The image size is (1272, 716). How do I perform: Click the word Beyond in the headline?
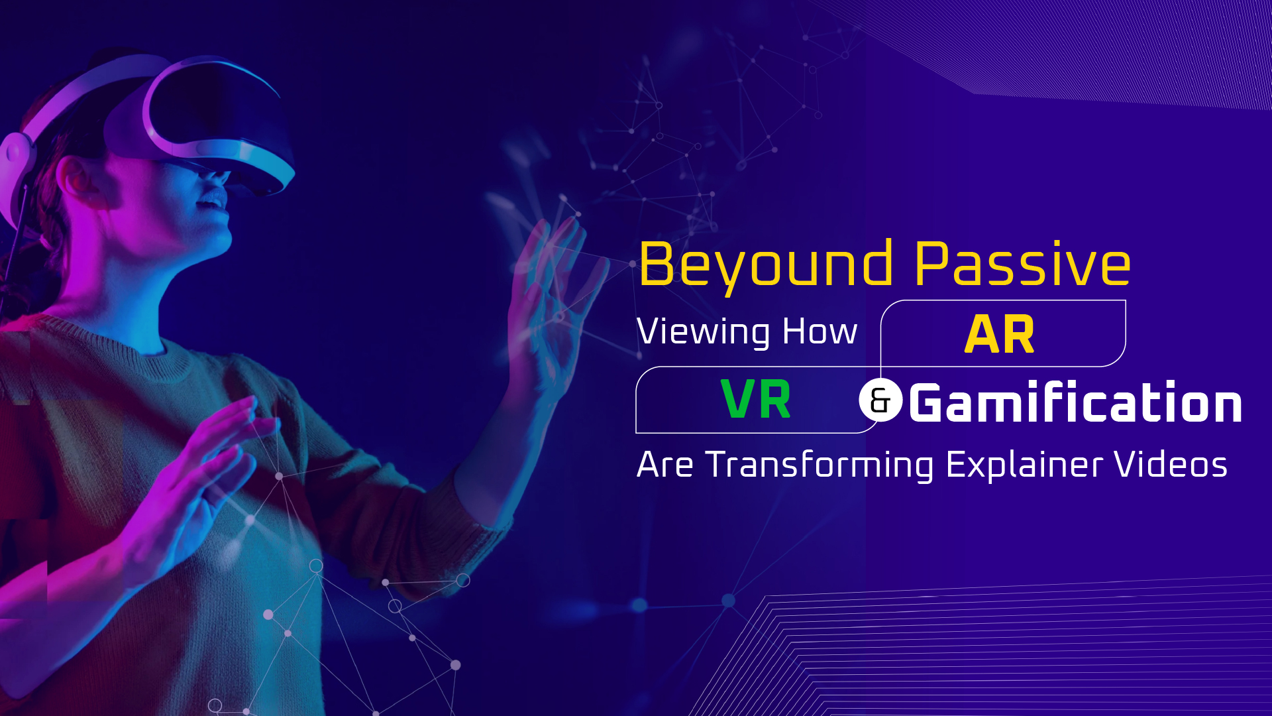coord(766,266)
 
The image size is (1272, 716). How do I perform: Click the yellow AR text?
coord(999,334)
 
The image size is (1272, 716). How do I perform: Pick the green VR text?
coord(755,399)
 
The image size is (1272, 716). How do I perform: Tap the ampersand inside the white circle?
coord(880,400)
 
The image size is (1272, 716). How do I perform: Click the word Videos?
coord(1171,464)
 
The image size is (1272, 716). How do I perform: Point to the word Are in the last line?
coord(665,464)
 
